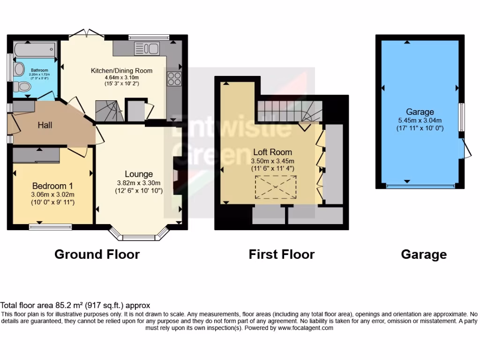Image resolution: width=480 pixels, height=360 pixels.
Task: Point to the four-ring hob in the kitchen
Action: [174, 79]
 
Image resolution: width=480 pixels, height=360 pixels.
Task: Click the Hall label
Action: [45, 125]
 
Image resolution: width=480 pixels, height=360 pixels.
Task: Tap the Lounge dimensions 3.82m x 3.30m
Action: [139, 183]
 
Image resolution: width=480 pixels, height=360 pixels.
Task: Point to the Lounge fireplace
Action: [176, 175]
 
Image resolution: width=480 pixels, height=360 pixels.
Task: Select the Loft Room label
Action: [272, 152]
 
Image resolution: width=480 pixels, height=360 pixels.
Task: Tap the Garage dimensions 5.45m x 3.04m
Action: [420, 120]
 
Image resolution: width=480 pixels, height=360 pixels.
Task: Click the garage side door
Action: [465, 147]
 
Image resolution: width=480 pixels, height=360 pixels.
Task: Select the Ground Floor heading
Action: [97, 255]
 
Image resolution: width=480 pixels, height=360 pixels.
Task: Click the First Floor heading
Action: [281, 255]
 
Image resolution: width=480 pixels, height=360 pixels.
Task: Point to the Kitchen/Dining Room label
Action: [121, 71]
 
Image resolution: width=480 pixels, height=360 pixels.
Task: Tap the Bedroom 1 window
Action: [50, 227]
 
